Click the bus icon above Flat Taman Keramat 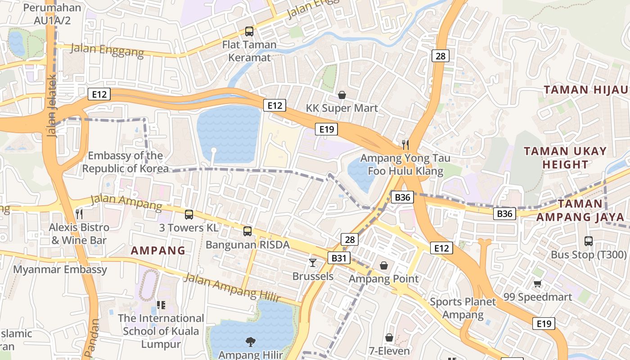tap(249, 31)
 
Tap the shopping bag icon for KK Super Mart tap(342, 95)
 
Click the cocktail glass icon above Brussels tap(313, 262)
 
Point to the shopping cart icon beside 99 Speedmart tap(537, 283)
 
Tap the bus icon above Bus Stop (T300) tap(589, 241)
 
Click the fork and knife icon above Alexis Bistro tap(79, 213)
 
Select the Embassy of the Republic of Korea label tap(126, 162)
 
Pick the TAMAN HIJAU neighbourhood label tap(585, 90)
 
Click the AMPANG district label tap(158, 251)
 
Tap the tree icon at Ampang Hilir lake tap(250, 342)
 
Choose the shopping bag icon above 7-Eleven tap(389, 337)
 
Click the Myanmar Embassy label tap(60, 270)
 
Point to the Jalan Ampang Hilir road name tap(232, 288)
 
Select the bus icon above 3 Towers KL tap(189, 214)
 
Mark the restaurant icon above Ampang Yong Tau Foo tap(405, 144)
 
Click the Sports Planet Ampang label tap(463, 308)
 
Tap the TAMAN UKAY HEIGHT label tap(565, 157)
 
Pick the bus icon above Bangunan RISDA tap(247, 231)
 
